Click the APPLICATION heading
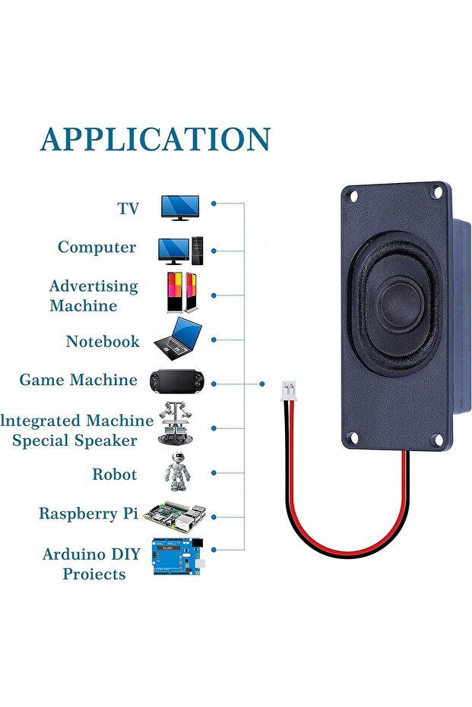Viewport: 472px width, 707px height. pyautogui.click(x=155, y=140)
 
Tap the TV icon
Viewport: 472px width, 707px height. pyautogui.click(x=180, y=207)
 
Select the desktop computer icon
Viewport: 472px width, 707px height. pyautogui.click(x=181, y=250)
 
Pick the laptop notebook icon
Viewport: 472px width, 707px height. pyautogui.click(x=179, y=340)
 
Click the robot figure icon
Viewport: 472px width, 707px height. pyautogui.click(x=176, y=473)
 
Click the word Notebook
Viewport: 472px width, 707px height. pyautogui.click(x=103, y=342)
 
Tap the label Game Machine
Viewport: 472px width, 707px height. pyautogui.click(x=78, y=380)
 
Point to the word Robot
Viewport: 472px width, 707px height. pyautogui.click(x=115, y=475)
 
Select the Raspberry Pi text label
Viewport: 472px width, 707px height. pyautogui.click(x=89, y=514)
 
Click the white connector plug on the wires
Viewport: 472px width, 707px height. pyautogui.click(x=289, y=392)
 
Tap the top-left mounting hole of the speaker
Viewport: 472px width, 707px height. pyautogui.click(x=353, y=197)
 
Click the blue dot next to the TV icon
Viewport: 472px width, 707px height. pyautogui.click(x=214, y=204)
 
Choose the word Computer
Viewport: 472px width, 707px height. pyautogui.click(x=97, y=248)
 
